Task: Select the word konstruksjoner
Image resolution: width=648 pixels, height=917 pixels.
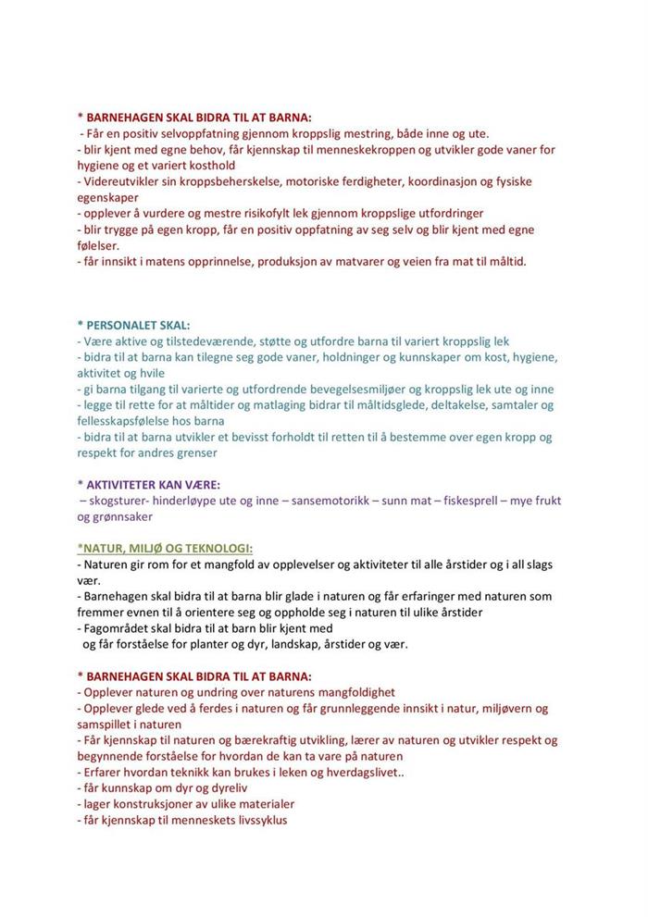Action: point(155,804)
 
